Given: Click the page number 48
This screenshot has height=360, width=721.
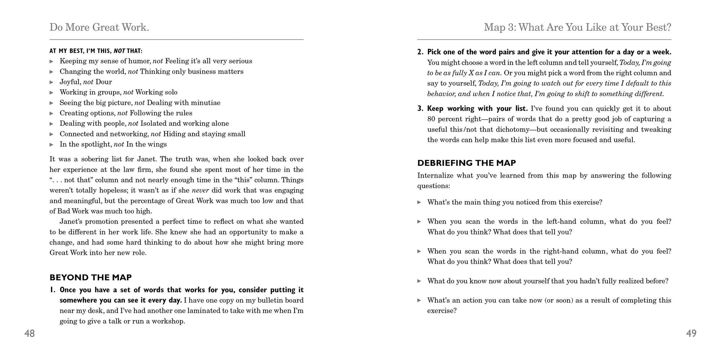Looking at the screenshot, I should pyautogui.click(x=30, y=334).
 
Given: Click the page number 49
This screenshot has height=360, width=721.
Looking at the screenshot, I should pyautogui.click(x=691, y=334).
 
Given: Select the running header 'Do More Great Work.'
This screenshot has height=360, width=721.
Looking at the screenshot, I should pyautogui.click(x=99, y=27).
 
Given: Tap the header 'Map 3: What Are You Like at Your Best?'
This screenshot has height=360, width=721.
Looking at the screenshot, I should pyautogui.click(x=577, y=27).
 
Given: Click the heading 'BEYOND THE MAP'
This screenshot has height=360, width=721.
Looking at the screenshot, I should pyautogui.click(x=90, y=277).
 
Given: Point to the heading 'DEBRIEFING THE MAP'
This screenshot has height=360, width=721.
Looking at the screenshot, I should pyautogui.click(x=466, y=163).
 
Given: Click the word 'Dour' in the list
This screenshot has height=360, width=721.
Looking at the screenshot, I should pyautogui.click(x=103, y=82).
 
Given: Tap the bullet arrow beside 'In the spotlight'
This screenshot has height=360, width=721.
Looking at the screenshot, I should pyautogui.click(x=52, y=145).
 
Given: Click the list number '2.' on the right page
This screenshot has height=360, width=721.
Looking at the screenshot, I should pyautogui.click(x=420, y=52).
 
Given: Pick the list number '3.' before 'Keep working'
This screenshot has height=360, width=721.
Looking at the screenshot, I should pyautogui.click(x=420, y=108).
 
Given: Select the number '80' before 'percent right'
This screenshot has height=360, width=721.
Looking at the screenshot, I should pyautogui.click(x=432, y=119).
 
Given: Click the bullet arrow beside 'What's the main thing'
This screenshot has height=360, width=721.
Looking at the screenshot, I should pyautogui.click(x=419, y=202).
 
